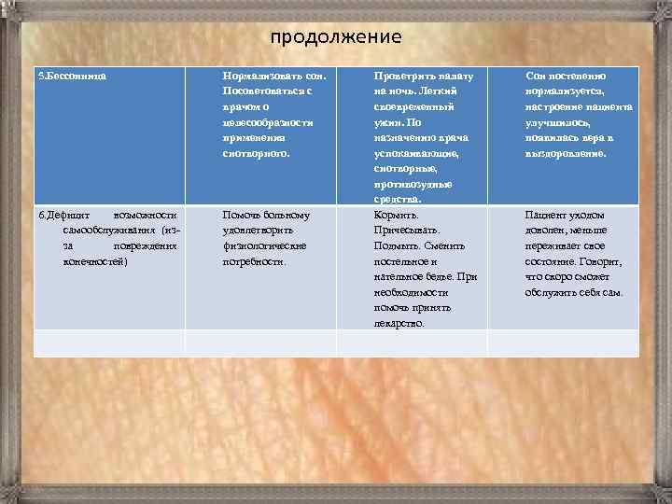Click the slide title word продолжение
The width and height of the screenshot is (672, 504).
tap(336, 37)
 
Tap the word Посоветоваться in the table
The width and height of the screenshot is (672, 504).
tap(259, 91)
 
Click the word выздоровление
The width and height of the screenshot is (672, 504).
tap(566, 152)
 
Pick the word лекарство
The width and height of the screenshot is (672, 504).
tap(398, 323)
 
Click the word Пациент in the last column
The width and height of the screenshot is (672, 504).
tap(545, 214)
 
